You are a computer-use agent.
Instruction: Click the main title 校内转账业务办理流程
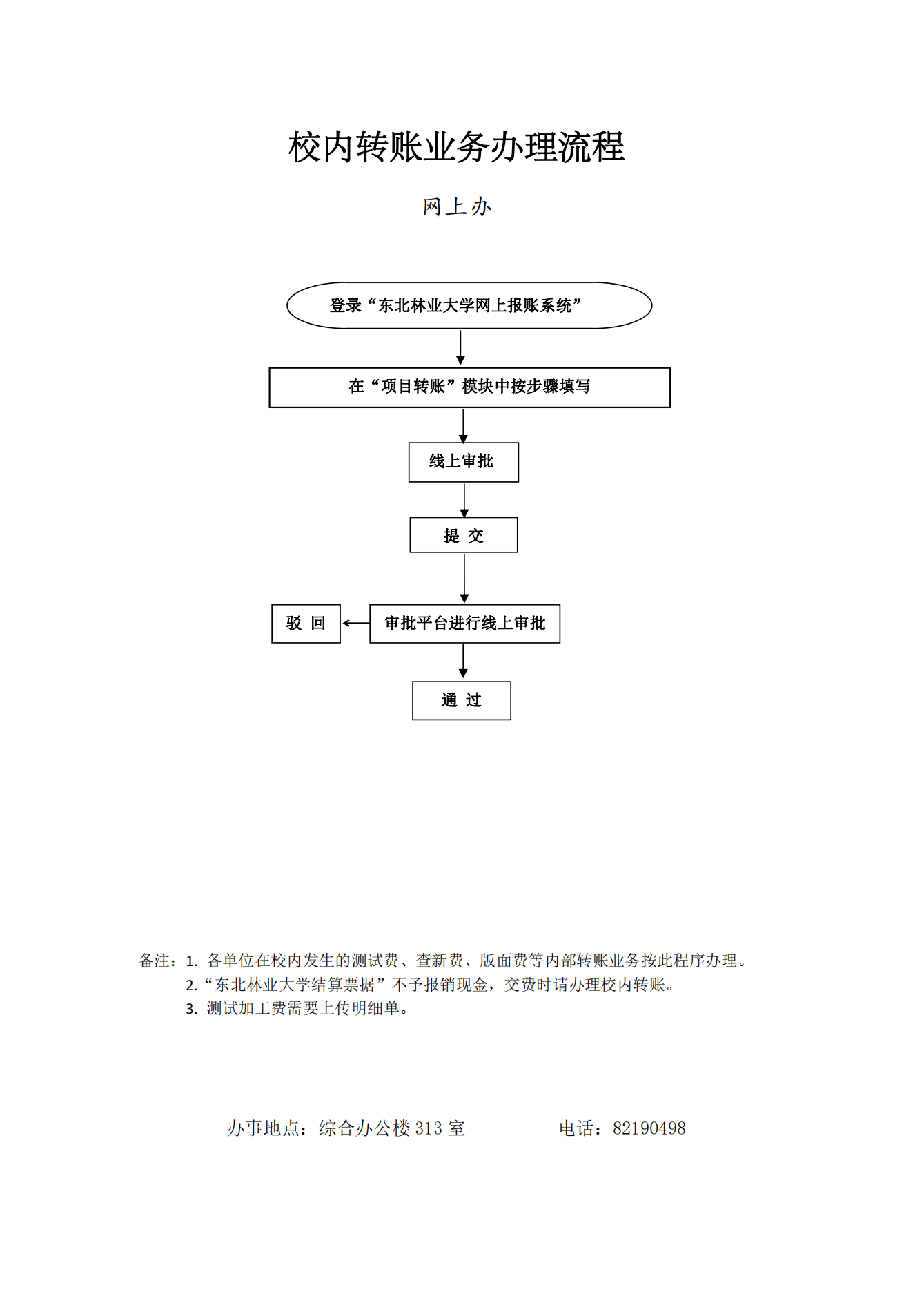coord(456,147)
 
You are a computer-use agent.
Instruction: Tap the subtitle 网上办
coord(457,206)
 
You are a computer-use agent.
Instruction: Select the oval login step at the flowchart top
coord(469,305)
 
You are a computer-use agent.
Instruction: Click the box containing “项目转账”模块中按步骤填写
coord(469,387)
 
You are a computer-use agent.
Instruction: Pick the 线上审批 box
coord(463,462)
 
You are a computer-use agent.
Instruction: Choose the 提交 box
coord(463,535)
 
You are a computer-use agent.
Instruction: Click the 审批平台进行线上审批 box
coord(464,624)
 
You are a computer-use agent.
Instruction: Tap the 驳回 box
coord(306,624)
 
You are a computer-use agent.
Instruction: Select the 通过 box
coord(461,701)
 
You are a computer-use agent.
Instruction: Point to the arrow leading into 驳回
coord(356,624)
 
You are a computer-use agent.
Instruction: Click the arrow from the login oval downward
coord(460,347)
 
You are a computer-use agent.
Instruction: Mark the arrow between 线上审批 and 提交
coord(464,500)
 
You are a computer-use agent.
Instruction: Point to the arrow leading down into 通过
coord(463,661)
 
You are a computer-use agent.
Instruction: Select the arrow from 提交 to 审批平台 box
coord(464,579)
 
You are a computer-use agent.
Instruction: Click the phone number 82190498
coord(649,1128)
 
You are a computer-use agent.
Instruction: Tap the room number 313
coord(429,1128)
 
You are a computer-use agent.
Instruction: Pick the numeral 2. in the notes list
coord(192,985)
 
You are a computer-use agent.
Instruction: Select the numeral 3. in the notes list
coord(192,1010)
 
